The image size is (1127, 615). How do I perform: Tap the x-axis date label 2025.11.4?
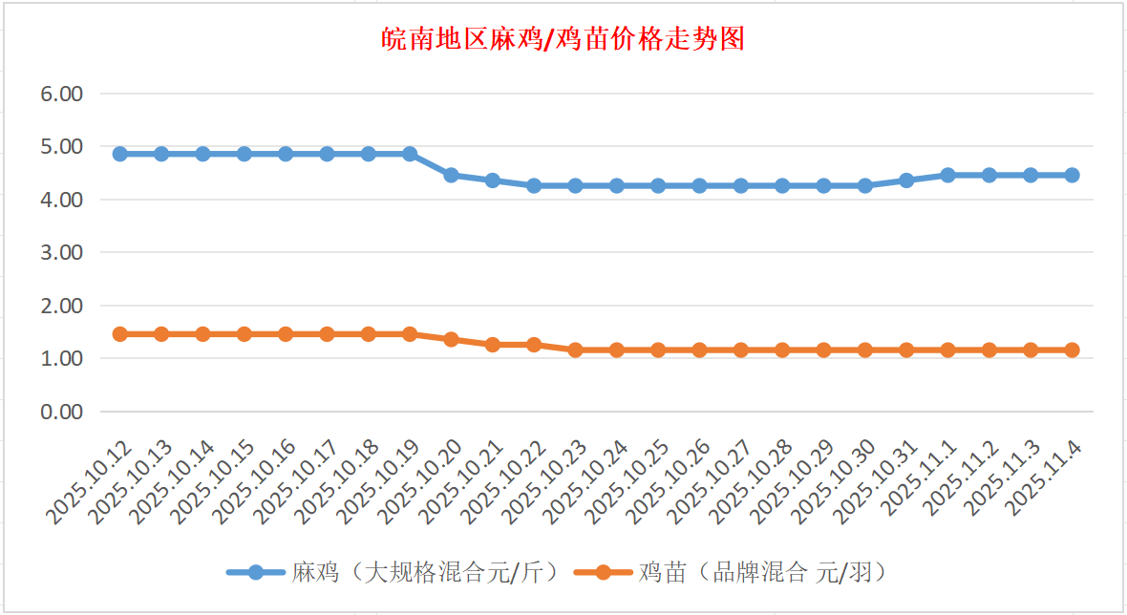coord(1046,477)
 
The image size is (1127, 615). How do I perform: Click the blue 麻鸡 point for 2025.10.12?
coord(120,154)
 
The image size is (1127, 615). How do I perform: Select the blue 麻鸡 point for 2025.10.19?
coord(410,154)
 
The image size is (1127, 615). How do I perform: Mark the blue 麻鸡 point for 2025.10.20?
coord(451,175)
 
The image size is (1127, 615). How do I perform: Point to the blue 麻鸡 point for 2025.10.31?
coord(906,180)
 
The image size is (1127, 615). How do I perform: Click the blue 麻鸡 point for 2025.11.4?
coord(1072,175)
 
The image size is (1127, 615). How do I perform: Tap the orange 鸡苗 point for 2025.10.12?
coord(120,334)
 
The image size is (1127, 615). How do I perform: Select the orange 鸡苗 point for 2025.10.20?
coord(451,339)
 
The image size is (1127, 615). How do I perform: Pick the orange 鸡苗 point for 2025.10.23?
coord(575,350)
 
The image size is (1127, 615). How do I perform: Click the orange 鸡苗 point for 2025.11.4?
coord(1072,350)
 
